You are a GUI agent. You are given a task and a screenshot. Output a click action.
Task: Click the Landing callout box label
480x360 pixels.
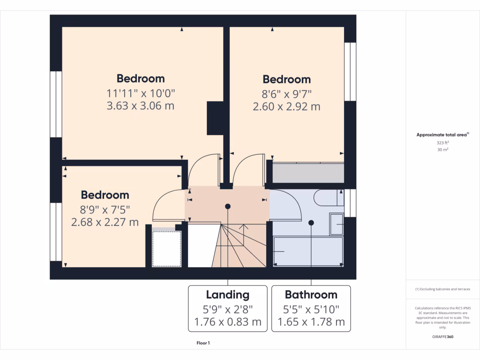coord(228,295)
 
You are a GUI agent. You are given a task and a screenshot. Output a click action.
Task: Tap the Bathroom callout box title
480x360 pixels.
coord(311,295)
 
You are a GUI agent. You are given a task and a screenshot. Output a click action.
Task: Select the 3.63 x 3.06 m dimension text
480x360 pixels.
coord(141,106)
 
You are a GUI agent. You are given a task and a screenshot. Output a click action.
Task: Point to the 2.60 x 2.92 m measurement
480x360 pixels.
coord(286,107)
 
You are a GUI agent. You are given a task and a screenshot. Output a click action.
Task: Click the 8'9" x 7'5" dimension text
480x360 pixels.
coord(105,209)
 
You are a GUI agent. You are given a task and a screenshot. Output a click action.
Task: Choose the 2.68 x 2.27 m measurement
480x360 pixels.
coord(105,222)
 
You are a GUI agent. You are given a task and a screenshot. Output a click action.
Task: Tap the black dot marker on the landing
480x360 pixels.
coord(228,206)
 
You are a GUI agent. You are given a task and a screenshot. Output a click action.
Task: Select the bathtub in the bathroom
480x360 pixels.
coord(308,252)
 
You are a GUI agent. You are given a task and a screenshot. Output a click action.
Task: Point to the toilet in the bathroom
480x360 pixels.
coord(328,198)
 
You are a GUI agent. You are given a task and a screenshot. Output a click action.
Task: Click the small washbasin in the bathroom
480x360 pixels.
coord(337,225)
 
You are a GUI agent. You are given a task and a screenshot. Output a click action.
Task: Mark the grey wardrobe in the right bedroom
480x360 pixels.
coord(308,173)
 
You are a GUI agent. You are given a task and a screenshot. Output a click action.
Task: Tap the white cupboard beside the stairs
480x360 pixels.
coord(167,247)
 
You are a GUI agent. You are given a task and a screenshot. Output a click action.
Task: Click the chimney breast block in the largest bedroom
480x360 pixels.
coord(215,118)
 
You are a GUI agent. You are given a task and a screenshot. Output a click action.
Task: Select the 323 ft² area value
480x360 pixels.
coord(443,142)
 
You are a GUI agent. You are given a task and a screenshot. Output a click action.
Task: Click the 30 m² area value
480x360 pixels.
coord(443,150)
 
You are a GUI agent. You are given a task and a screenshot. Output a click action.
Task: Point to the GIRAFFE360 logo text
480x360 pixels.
coord(443,337)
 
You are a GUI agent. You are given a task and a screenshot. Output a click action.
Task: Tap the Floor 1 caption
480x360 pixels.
coord(203,344)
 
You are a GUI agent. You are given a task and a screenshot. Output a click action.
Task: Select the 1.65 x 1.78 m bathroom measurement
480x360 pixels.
coord(311,322)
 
